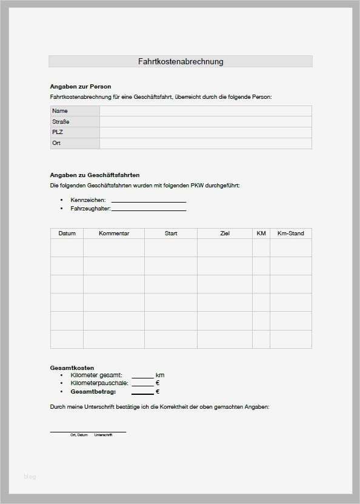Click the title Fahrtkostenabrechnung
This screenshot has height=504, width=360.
(181, 61)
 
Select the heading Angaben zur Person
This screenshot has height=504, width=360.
(80, 87)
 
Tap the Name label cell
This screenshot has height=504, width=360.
(75, 111)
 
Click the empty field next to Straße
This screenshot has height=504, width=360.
(205, 122)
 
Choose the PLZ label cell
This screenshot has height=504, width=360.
(75, 132)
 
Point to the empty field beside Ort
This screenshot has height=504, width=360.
(205, 143)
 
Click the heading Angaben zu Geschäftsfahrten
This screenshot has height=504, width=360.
(95, 175)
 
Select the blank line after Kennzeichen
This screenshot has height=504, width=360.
(148, 201)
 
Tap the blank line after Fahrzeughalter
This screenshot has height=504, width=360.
(148, 210)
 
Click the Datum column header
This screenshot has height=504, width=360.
(67, 234)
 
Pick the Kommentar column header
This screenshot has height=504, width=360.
(114, 234)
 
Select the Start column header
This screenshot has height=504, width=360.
(171, 234)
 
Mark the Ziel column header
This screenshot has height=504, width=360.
(225, 234)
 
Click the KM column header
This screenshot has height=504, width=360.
(261, 234)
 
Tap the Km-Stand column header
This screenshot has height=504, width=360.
(290, 234)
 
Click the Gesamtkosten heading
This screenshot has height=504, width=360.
(72, 368)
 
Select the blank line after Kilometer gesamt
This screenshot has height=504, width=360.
(142, 377)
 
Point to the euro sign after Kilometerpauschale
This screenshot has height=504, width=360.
(158, 383)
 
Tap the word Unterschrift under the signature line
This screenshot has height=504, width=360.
(103, 435)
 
